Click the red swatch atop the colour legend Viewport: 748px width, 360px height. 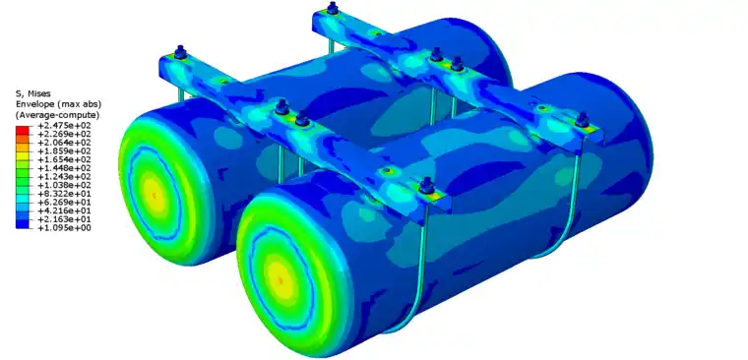click(22, 130)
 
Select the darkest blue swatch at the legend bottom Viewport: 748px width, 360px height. click(22, 224)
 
